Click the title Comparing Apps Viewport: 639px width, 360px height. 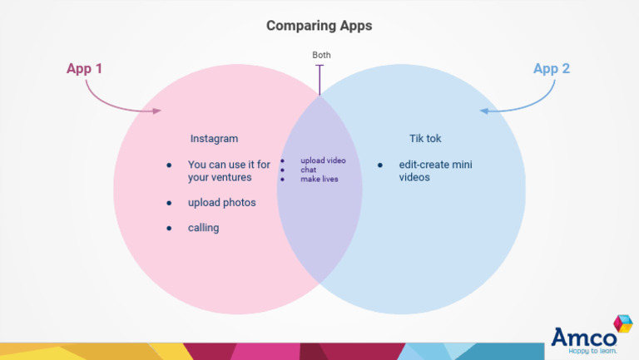pos(319,26)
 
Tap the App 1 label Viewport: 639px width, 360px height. pos(84,68)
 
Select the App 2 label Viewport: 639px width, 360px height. pos(551,68)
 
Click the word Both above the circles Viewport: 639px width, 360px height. pos(321,55)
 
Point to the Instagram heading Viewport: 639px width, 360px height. pos(214,139)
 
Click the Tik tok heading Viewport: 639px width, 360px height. pos(424,139)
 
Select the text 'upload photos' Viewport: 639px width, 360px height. pos(221,203)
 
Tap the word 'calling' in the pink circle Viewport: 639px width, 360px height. pos(203,228)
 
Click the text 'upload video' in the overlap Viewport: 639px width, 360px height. pos(323,160)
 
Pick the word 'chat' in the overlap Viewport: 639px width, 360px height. pos(309,170)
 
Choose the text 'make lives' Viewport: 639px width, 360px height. pos(319,179)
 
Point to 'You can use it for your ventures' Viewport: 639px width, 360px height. pos(229,171)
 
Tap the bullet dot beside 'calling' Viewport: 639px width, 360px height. pos(169,228)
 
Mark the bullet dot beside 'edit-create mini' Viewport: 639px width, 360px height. pos(380,165)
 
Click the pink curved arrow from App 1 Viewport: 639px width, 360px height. pos(121,100)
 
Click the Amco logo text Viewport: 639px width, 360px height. pos(583,338)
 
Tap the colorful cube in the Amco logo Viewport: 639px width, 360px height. pos(622,323)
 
